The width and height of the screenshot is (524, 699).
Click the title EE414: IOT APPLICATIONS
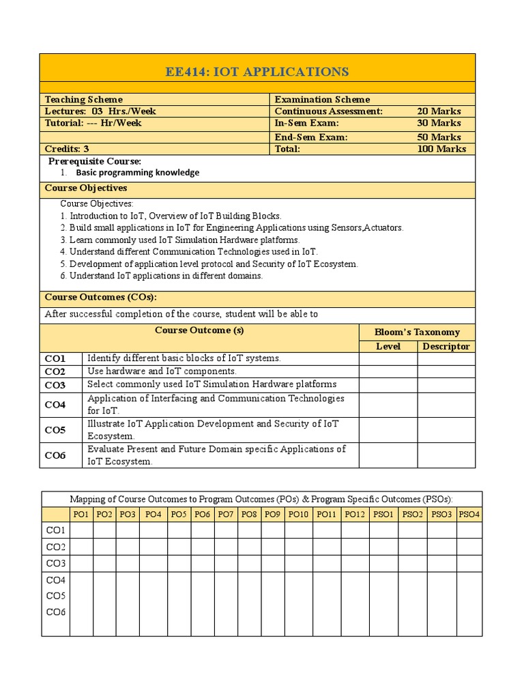(258, 72)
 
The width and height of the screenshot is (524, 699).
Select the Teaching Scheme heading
(84, 99)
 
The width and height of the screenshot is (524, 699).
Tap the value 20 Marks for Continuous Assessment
(439, 111)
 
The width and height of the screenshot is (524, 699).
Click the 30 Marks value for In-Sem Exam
(439, 124)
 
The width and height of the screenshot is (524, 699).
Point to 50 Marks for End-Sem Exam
(439, 137)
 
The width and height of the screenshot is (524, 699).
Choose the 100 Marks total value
(441, 149)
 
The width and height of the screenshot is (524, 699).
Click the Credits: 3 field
(67, 149)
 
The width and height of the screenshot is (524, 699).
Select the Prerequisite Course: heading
(94, 161)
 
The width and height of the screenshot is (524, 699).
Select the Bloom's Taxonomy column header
(417, 332)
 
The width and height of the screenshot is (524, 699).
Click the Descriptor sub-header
(446, 346)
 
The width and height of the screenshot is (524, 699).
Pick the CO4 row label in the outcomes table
(55, 405)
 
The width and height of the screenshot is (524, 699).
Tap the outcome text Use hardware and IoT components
(162, 371)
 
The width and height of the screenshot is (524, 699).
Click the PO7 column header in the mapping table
(225, 514)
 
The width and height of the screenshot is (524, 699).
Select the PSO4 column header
(469, 514)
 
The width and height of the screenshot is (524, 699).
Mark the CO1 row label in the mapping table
(55, 530)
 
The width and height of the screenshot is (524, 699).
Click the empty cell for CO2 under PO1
(81, 547)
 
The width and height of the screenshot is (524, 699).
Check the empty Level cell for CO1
(388, 359)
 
